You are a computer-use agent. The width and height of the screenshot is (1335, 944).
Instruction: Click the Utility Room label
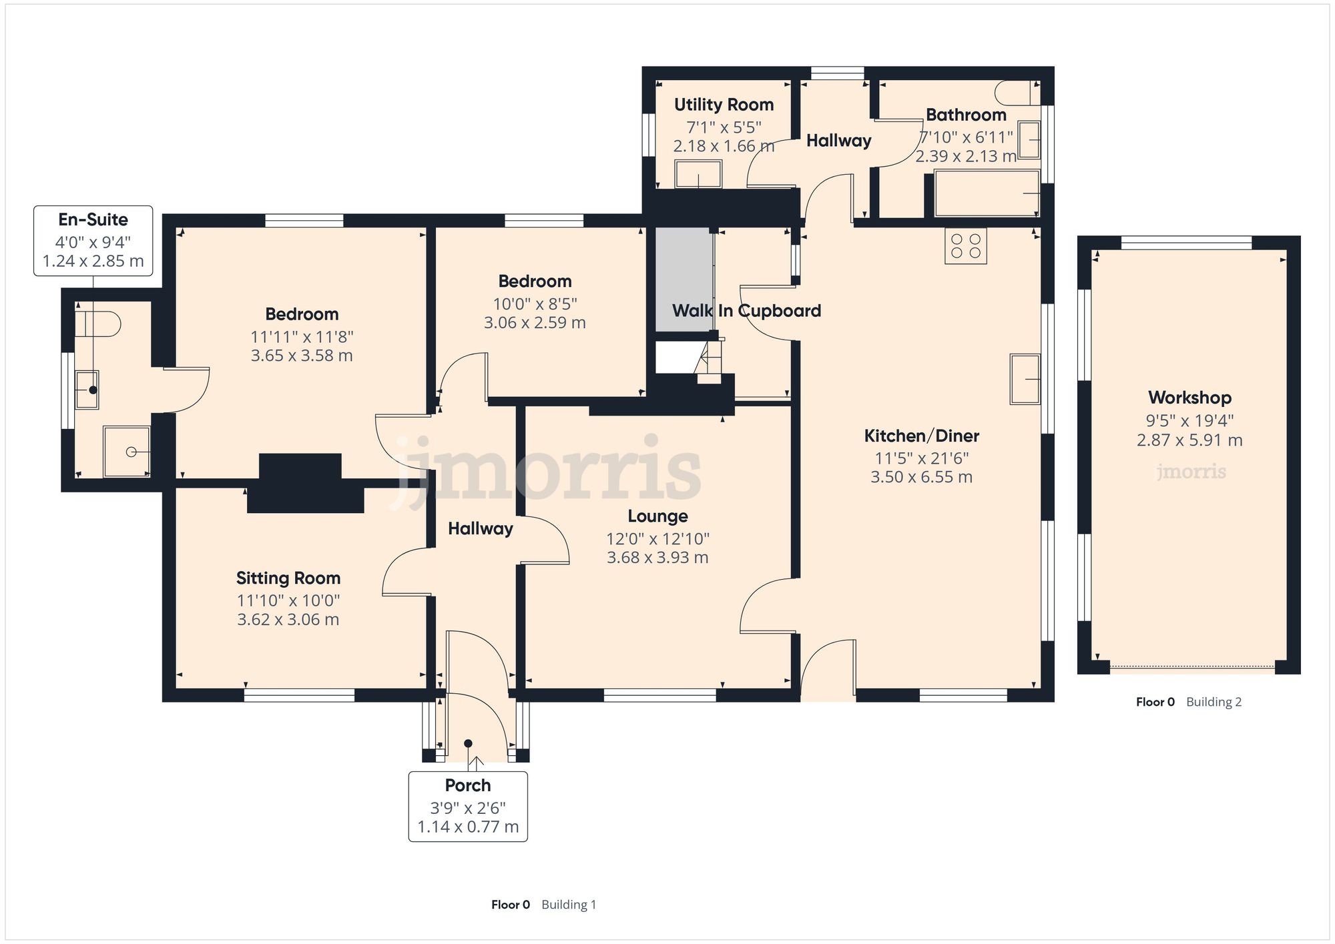click(724, 105)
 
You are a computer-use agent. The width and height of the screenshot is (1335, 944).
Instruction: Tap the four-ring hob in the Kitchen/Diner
click(965, 246)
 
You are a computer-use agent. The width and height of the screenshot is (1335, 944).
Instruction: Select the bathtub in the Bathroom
click(987, 193)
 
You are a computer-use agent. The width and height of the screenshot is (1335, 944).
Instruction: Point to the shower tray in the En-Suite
click(127, 452)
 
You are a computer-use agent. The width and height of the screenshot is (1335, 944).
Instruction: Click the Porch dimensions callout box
click(468, 807)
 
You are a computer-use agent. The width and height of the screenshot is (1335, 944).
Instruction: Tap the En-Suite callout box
click(93, 240)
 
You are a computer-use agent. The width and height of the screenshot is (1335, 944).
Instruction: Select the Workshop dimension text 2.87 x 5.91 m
click(1189, 440)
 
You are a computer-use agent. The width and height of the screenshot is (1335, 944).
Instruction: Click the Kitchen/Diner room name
click(921, 436)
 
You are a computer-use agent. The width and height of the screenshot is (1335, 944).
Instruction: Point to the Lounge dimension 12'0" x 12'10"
click(657, 538)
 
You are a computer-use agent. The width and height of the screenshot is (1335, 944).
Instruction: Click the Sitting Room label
click(288, 578)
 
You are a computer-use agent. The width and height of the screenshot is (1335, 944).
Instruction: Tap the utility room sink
click(698, 175)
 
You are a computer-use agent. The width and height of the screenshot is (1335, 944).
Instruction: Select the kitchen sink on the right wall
click(1025, 379)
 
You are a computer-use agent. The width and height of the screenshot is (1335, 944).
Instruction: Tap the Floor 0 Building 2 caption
click(1188, 702)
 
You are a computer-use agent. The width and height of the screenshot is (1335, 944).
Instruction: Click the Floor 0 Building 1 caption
click(543, 905)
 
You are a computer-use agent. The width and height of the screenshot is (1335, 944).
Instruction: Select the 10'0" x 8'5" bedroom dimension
click(535, 304)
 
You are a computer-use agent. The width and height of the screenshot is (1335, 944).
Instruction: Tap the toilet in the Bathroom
click(1017, 93)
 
